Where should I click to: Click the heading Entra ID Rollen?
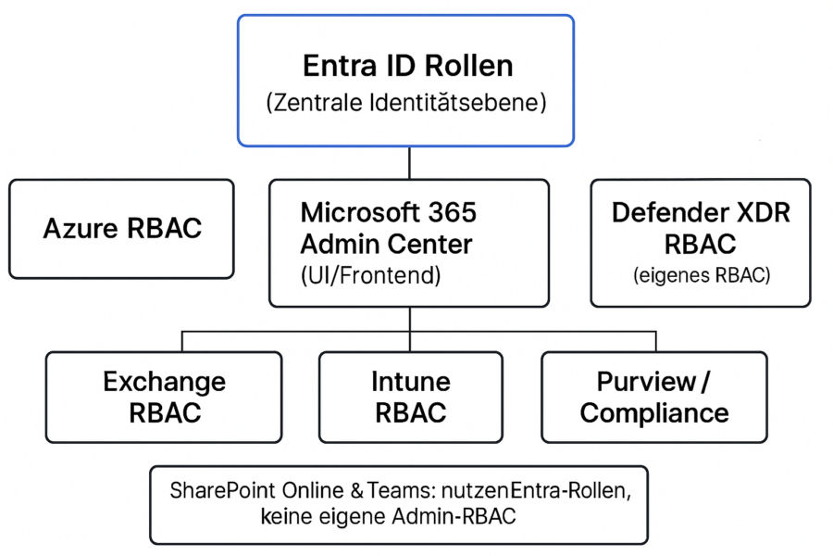click(407, 66)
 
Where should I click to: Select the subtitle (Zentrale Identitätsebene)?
click(406, 102)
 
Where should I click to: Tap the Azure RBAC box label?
click(122, 228)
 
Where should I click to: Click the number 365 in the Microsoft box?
click(452, 212)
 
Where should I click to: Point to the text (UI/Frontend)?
click(371, 275)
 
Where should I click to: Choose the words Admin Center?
click(386, 245)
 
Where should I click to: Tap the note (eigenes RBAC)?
click(702, 275)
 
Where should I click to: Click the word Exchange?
click(164, 382)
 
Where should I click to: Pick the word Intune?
click(411, 382)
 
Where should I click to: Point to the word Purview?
click(646, 382)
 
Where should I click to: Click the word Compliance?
click(654, 413)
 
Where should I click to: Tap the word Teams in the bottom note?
click(401, 490)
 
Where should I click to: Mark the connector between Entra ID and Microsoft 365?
click(410, 163)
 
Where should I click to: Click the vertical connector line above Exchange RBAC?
click(182, 342)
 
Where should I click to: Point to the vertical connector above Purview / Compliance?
click(656, 342)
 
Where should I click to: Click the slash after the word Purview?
click(705, 382)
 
